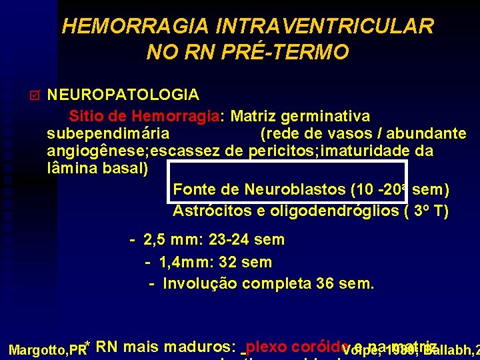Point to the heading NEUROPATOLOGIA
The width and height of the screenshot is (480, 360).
123,94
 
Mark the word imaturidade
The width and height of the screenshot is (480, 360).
367,151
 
